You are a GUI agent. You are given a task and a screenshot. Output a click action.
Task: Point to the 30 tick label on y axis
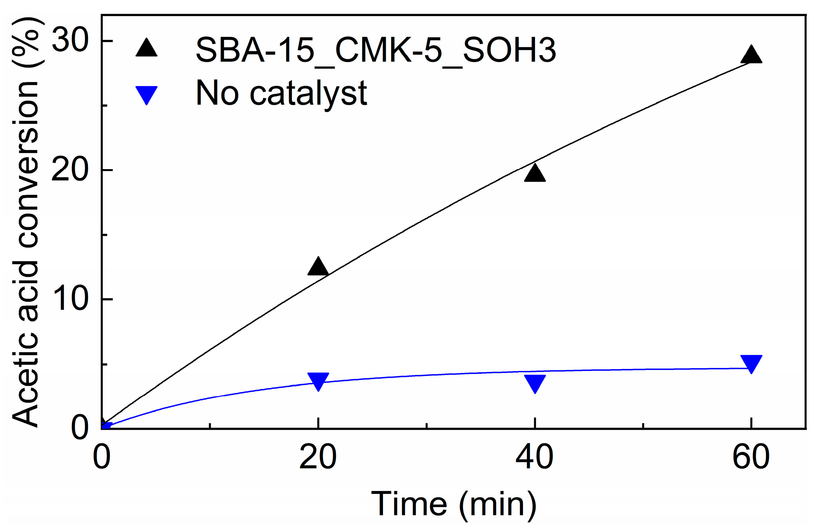[x=70, y=41]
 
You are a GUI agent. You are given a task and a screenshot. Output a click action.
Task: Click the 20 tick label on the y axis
[x=70, y=170]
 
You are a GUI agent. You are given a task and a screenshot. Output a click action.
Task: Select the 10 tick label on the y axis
[x=70, y=299]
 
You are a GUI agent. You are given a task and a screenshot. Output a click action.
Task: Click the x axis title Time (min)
[x=454, y=505]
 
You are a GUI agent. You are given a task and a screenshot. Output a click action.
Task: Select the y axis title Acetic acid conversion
[x=26, y=222]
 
